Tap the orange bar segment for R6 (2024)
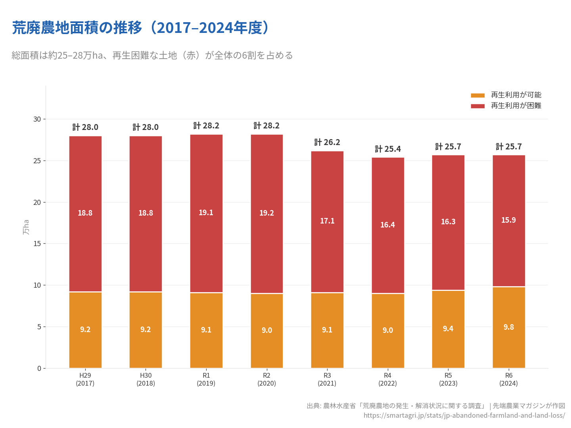click(509, 345)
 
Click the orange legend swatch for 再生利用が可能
click(477, 95)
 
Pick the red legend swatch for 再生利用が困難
click(477, 106)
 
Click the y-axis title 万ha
click(26, 227)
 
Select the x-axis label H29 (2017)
click(85, 379)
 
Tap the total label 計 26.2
click(327, 142)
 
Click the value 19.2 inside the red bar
click(266, 213)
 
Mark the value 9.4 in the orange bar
click(448, 329)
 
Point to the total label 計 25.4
click(388, 149)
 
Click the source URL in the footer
click(464, 415)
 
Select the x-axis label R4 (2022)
click(388, 379)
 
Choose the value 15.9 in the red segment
click(509, 220)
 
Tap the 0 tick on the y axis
click(39, 368)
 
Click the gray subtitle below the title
click(152, 55)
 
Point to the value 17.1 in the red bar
click(327, 221)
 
